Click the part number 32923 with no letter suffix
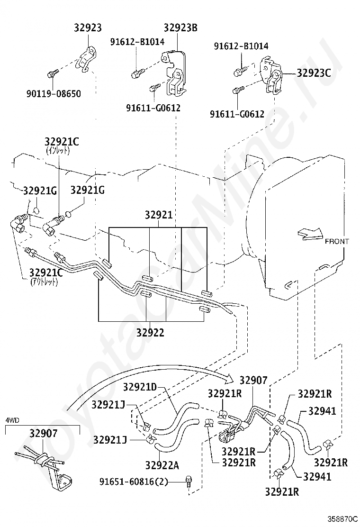coord(88,28)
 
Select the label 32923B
coord(180,27)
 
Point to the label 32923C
coord(313,73)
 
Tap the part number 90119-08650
coord(53,94)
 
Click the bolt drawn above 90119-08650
coord(52,73)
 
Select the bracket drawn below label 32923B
coord(173,71)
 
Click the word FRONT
coord(337,241)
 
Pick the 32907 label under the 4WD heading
coord(43,433)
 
